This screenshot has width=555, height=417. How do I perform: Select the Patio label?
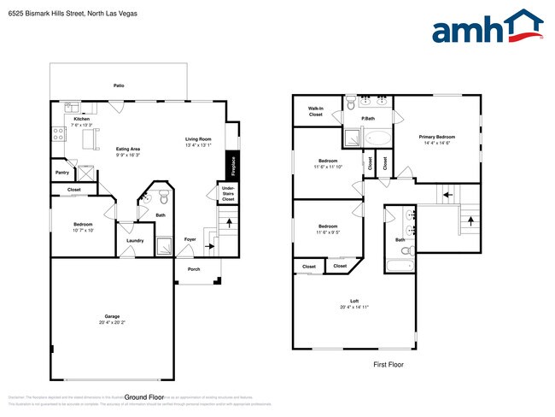tap(119, 85)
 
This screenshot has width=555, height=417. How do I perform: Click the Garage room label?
tap(112, 318)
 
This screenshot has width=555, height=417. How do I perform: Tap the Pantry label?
tap(61, 173)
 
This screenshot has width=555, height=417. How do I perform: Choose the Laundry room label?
tap(134, 240)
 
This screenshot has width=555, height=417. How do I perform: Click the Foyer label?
tap(190, 239)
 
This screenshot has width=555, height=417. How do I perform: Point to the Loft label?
tap(353, 301)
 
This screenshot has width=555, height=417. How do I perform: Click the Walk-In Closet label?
tap(315, 111)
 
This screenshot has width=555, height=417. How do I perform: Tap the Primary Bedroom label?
tap(436, 137)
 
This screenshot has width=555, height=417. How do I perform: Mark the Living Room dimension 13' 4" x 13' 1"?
tap(198, 144)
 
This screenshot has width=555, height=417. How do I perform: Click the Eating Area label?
tap(129, 150)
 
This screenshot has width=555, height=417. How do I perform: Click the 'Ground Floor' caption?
tap(143, 397)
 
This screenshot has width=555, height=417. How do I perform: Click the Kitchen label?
tap(81, 119)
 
